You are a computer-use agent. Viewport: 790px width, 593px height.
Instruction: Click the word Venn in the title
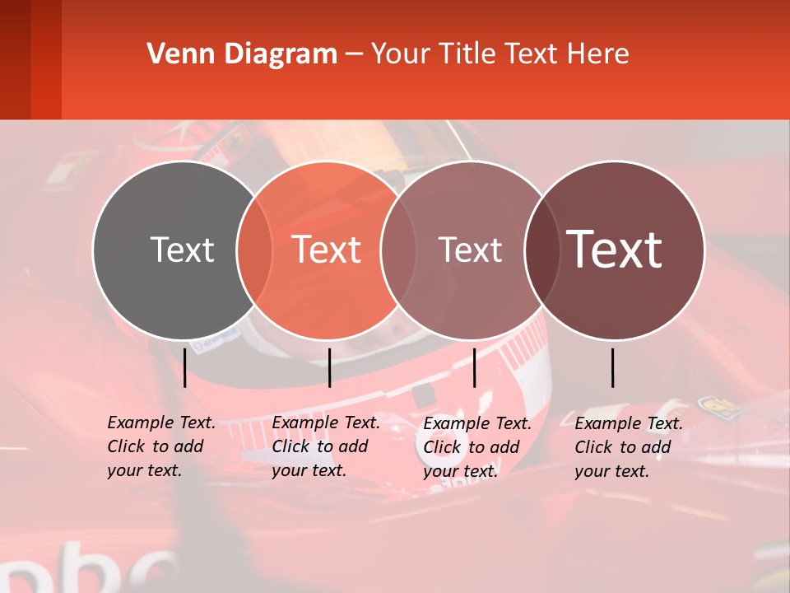click(176, 54)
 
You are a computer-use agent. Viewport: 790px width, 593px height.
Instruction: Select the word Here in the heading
click(598, 54)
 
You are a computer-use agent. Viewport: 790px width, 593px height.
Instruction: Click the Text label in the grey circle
click(182, 250)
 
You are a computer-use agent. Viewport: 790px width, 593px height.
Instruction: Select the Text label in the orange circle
click(327, 250)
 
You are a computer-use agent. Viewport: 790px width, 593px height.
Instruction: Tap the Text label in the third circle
click(470, 250)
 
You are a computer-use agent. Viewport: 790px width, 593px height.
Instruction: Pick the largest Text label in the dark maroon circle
click(615, 250)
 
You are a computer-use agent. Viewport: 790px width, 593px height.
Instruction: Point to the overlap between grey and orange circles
click(254, 250)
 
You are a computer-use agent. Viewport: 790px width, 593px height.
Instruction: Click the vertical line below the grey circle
click(185, 367)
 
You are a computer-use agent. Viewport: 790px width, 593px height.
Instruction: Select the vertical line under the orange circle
click(329, 367)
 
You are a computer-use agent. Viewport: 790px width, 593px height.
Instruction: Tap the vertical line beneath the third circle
click(474, 367)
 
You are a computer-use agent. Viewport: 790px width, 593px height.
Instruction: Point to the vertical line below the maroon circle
click(613, 367)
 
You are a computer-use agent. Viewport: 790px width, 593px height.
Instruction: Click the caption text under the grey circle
click(160, 446)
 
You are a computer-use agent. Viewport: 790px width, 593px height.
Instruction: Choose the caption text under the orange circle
click(325, 446)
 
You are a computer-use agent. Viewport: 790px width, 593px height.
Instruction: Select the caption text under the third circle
click(476, 447)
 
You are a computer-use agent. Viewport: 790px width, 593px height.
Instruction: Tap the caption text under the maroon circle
click(628, 447)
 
